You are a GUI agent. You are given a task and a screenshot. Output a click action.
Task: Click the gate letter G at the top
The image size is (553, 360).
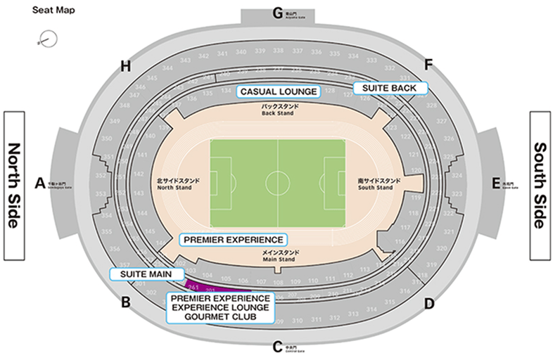277,13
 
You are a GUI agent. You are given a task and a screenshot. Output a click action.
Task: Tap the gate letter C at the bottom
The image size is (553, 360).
277,346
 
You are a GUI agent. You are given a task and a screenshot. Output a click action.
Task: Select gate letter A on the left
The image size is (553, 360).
40,183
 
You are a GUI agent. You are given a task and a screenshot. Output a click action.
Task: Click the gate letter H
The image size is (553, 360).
126,67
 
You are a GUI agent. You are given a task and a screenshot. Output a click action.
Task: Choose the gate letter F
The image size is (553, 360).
428,65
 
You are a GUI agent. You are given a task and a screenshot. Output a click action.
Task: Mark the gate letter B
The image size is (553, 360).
126,303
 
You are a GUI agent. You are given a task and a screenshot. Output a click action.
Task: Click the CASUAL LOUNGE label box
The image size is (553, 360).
279,91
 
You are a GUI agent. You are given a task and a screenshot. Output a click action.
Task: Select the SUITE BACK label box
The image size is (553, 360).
389,88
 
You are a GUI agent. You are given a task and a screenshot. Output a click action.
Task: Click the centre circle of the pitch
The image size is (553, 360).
277,183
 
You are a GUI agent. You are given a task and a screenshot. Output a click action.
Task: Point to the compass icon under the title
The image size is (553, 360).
48,39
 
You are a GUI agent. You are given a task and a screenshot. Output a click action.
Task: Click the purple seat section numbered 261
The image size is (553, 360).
194,285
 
